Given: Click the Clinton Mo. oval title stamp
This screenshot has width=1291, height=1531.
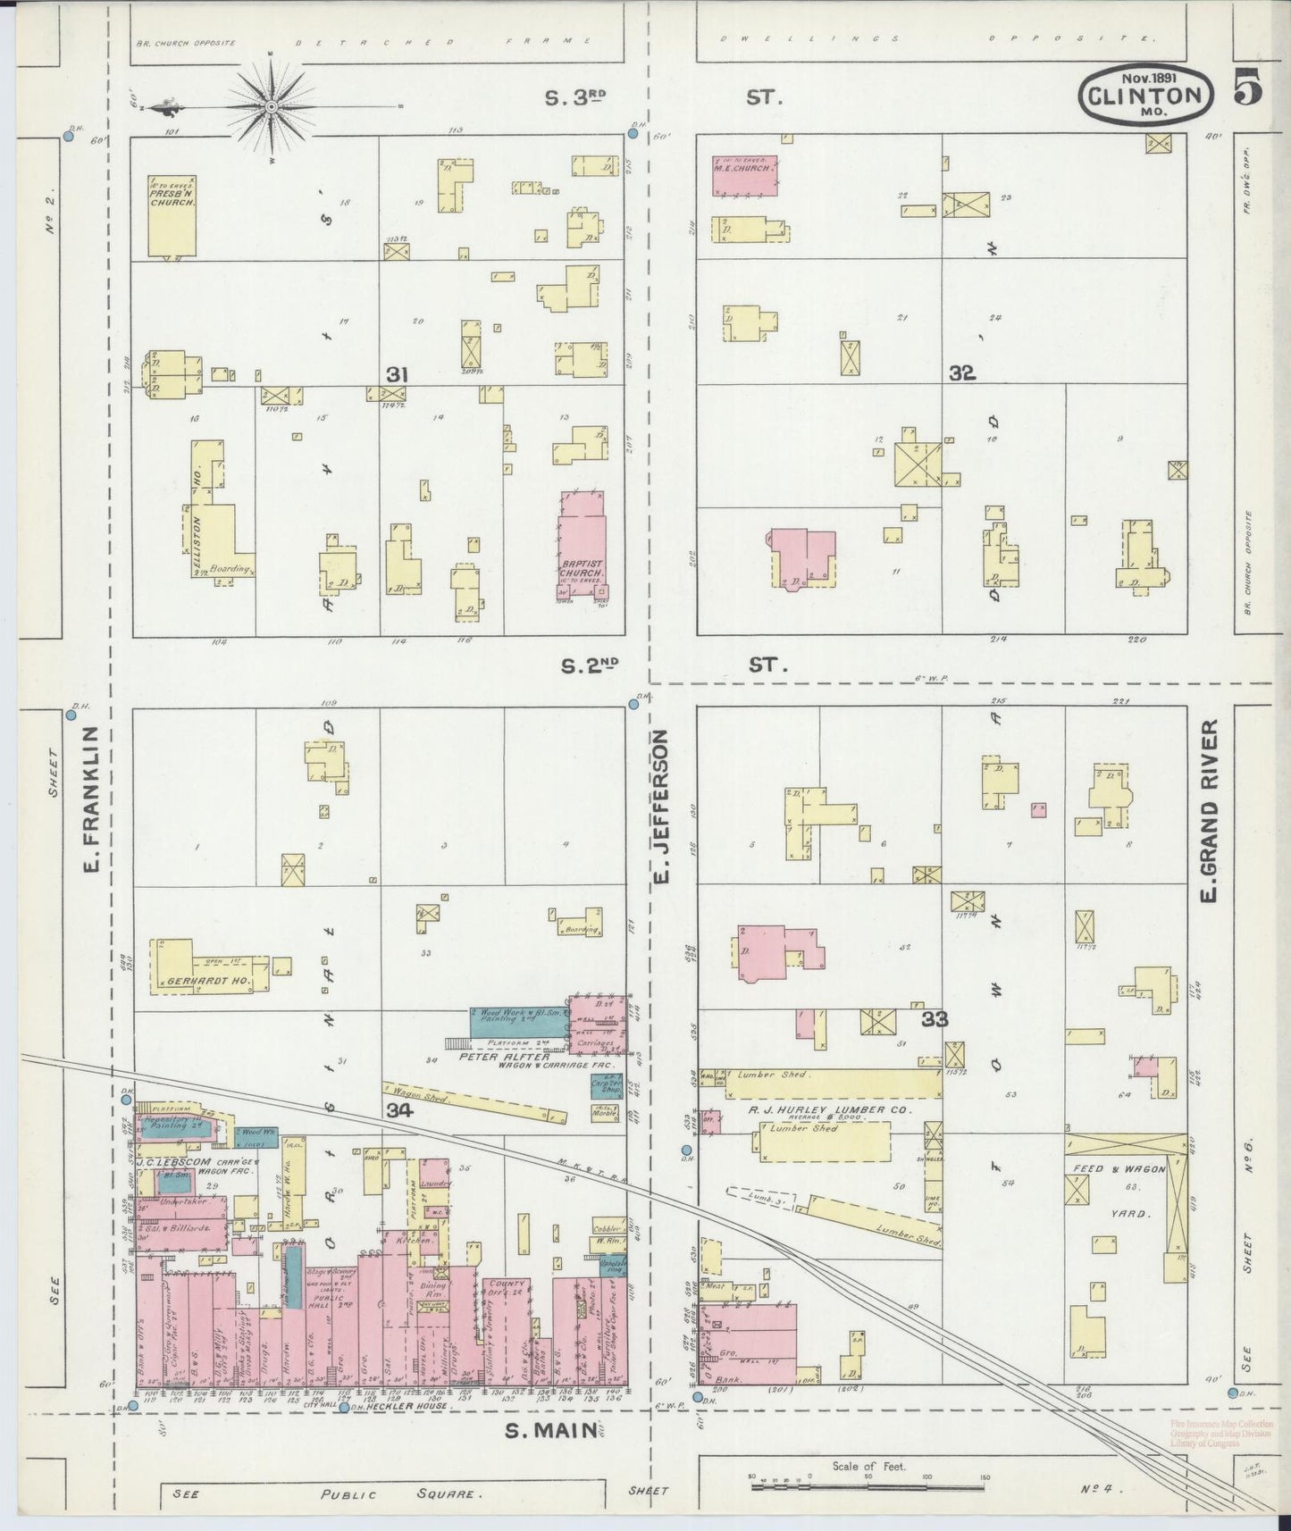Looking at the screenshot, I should [x=1147, y=93].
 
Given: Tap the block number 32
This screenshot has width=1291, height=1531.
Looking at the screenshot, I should [x=961, y=373].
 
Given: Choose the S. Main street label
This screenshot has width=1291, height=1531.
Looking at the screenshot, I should [x=550, y=1431].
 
